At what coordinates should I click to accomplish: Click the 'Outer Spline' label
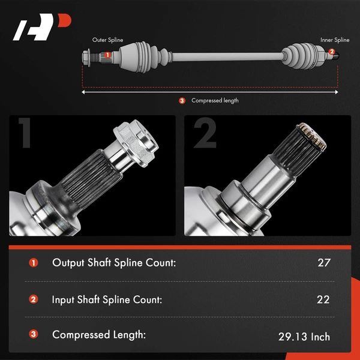pos(107,40)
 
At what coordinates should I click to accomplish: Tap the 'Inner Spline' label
pos(334,40)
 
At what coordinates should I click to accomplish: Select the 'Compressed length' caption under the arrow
pos(215,101)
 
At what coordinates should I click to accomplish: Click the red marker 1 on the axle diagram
pos(107,55)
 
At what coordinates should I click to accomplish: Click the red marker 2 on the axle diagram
pos(332,52)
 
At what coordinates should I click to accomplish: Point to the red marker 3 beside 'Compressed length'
pos(182,101)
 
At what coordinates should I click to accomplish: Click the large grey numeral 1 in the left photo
pos(25,133)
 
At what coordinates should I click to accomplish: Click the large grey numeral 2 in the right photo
pos(204,133)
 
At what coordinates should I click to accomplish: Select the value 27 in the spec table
pos(324,262)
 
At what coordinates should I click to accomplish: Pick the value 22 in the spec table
pos(324,299)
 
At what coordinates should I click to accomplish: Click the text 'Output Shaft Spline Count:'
pos(114,262)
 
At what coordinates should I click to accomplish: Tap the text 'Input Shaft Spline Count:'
pos(107,299)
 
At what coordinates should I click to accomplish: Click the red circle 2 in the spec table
pos(33,299)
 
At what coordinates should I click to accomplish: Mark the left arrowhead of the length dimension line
pos(85,92)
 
